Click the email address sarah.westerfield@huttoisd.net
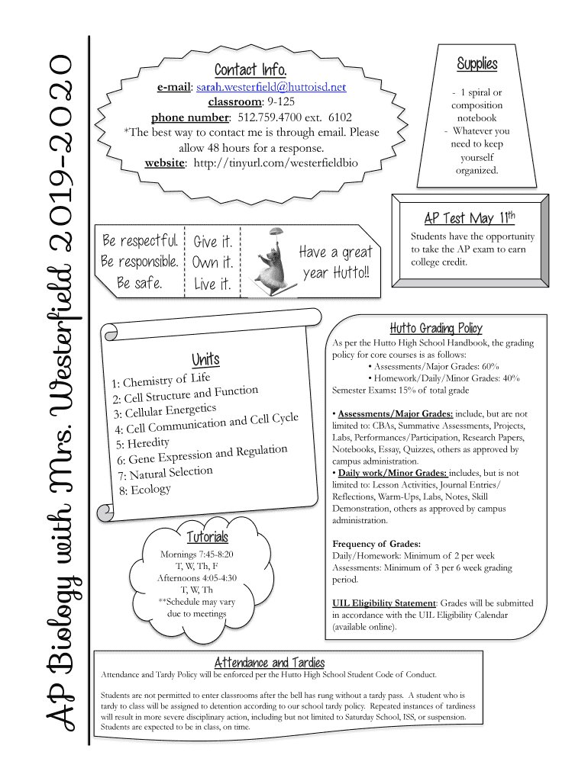[x=275, y=88]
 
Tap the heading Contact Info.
[x=250, y=70]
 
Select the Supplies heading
[x=477, y=63]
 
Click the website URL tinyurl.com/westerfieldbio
[x=276, y=162]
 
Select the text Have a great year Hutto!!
[x=335, y=262]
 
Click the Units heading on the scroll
[x=205, y=358]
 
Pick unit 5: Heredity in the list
[x=143, y=443]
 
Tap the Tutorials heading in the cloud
[x=207, y=538]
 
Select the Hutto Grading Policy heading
[x=435, y=328]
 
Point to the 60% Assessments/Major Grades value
[x=489, y=366]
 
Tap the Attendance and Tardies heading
[x=270, y=662]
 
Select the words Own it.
[x=213, y=263]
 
